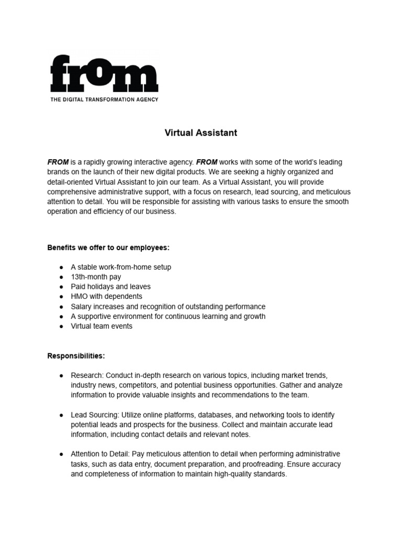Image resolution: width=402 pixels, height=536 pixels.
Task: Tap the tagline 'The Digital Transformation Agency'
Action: click(x=104, y=99)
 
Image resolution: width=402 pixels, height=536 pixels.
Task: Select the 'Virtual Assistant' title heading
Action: click(x=201, y=133)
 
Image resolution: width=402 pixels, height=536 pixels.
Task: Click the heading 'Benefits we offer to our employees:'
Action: click(x=108, y=247)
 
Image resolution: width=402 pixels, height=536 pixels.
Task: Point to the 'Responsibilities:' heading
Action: click(x=76, y=356)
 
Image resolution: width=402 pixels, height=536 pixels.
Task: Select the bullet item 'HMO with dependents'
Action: click(x=106, y=296)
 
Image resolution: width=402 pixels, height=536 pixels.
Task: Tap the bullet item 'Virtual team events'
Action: click(x=102, y=326)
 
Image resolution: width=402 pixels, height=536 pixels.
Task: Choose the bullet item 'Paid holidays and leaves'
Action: click(x=110, y=287)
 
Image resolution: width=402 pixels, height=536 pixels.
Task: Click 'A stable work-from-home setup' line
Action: click(x=121, y=267)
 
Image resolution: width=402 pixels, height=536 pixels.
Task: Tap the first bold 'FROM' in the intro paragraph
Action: click(x=58, y=162)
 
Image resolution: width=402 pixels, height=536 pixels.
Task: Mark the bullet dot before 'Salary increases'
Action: click(x=61, y=307)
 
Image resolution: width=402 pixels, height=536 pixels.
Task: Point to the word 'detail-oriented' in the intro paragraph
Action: click(x=71, y=182)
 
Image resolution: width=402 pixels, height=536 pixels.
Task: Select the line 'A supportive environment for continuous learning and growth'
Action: click(x=168, y=316)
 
